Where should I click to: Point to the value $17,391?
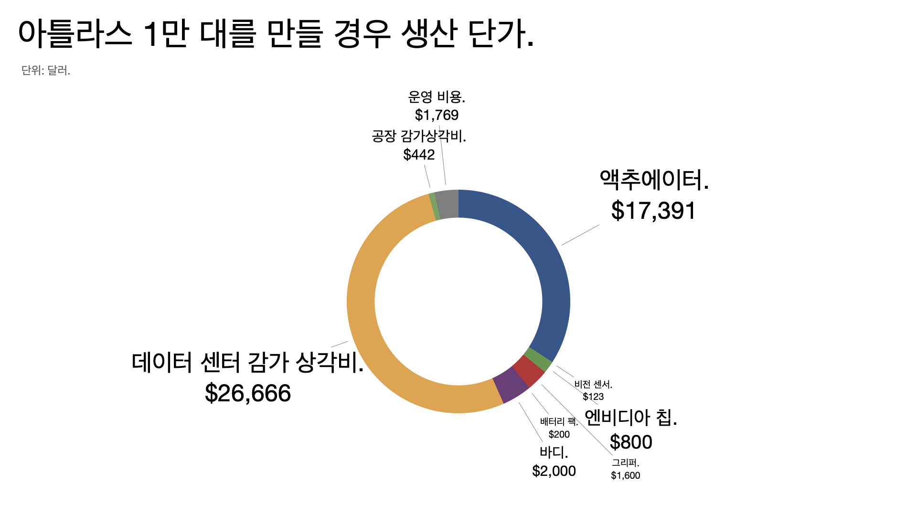point(653,211)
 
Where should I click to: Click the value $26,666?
point(247,393)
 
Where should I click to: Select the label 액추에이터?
point(653,180)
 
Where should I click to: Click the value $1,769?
point(437,115)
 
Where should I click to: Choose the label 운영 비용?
point(436,97)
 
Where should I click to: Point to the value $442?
point(419,155)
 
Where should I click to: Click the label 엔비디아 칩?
point(630,418)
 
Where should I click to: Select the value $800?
point(630,442)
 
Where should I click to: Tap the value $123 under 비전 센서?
point(593,397)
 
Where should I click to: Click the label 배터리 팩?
point(559,421)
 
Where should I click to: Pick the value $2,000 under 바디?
point(554,471)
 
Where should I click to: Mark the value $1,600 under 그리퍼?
point(625,475)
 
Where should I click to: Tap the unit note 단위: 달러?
point(46,71)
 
